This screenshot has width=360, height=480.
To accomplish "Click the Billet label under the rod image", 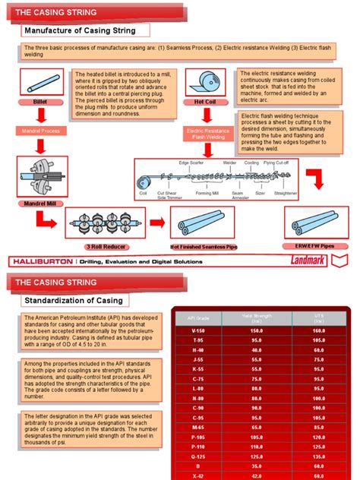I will [40, 101].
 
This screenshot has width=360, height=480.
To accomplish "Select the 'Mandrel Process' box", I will [40, 131].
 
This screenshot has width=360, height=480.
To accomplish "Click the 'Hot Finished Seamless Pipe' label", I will [204, 246].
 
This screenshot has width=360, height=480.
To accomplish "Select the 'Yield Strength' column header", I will [256, 318].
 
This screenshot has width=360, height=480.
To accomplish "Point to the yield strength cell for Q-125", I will [256, 456].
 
